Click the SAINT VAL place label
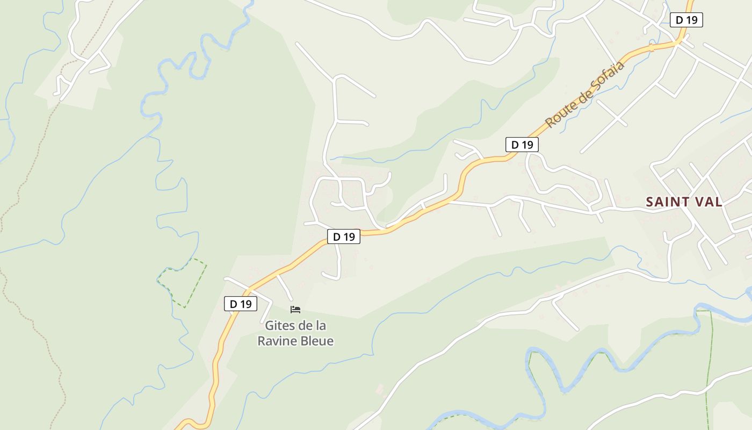(x=684, y=202)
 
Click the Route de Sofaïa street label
(x=585, y=95)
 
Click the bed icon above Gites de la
(x=295, y=310)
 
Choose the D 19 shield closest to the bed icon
(x=241, y=304)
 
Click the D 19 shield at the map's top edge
(x=686, y=20)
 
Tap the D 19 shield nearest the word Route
(x=522, y=145)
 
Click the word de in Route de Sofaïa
(x=579, y=100)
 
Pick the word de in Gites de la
(x=303, y=326)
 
